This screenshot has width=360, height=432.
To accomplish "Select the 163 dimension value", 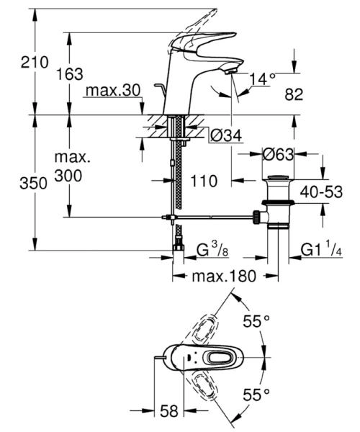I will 71,73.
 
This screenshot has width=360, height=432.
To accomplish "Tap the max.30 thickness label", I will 112,91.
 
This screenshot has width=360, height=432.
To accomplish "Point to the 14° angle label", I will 264,78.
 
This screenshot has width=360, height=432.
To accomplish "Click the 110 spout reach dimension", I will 206,182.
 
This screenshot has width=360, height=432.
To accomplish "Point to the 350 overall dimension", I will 15,183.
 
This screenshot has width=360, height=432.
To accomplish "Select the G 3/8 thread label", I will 214,251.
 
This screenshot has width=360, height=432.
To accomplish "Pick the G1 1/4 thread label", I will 321,251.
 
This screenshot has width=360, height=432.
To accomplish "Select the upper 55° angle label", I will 254,322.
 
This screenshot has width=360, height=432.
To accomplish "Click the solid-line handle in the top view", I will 216,358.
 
